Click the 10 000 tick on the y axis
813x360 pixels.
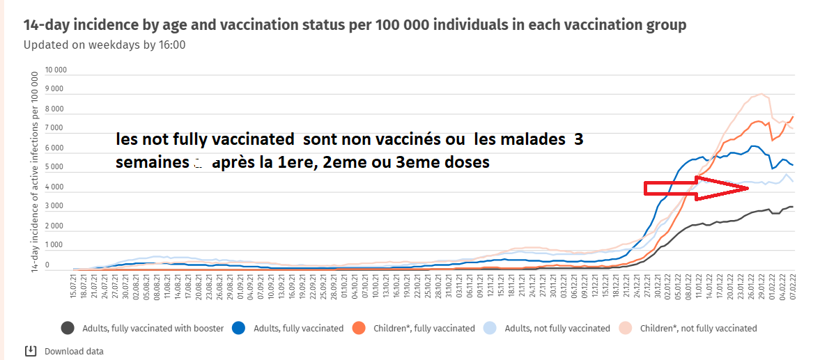click(x=56, y=70)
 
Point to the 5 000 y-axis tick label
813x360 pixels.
click(x=56, y=168)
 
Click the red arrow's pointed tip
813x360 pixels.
click(x=748, y=188)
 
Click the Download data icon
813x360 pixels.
click(x=30, y=350)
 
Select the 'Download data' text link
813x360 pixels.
click(x=74, y=351)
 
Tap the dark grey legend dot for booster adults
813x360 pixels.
click(x=68, y=328)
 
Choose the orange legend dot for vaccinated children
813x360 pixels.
click(x=359, y=328)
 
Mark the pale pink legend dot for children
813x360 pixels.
click(x=626, y=328)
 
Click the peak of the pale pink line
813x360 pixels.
click(x=761, y=94)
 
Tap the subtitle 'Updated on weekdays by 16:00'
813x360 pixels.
click(x=104, y=45)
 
